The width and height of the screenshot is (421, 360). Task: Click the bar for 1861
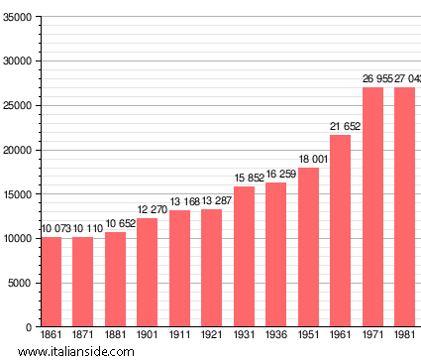point(51,282)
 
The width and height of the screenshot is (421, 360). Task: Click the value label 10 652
point(115,224)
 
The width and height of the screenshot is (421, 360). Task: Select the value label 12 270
point(148,209)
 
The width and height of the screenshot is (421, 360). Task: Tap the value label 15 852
point(245,178)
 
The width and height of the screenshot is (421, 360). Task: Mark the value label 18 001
point(309,159)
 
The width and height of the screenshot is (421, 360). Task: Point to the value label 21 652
point(341,126)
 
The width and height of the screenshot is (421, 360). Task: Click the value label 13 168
point(179,201)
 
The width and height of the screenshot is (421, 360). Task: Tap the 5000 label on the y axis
point(21,283)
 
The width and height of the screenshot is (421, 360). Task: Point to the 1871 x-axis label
point(83,336)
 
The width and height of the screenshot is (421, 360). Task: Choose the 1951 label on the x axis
point(309,336)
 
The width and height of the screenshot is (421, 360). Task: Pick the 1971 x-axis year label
point(373,336)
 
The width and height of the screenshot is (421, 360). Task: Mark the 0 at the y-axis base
point(30,326)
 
